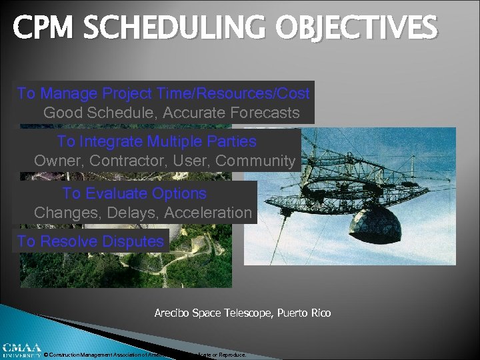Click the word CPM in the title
point(42,29)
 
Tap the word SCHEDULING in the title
point(171,29)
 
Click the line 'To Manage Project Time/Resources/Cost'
point(163,93)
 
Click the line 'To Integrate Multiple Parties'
point(157,141)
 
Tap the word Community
point(255,161)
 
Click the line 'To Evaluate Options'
point(134,193)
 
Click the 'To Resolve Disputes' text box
point(90,241)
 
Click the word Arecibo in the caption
point(173,313)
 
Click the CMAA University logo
point(21,350)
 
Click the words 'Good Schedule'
point(91,113)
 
